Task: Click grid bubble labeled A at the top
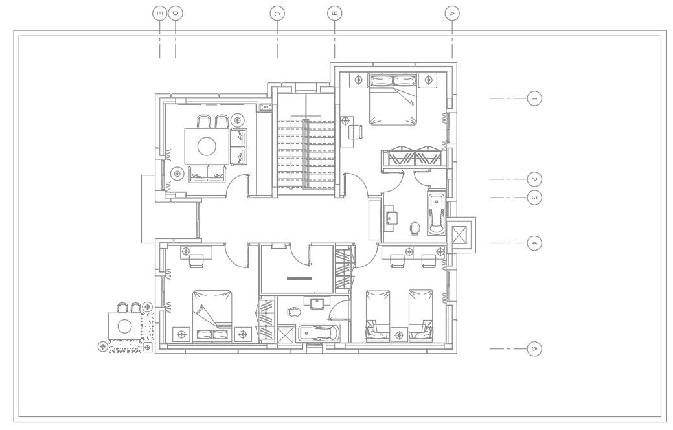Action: (452, 12)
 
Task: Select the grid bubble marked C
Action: (277, 12)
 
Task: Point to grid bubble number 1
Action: (534, 98)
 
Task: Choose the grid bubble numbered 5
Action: (534, 349)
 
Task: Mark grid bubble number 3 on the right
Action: (534, 198)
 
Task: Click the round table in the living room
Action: (207, 146)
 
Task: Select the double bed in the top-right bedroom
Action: (393, 99)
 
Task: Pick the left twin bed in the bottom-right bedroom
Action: (378, 315)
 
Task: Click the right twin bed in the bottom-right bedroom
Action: (420, 315)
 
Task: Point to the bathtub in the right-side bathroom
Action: (437, 213)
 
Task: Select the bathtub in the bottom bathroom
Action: (317, 334)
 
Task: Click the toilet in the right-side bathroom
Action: (415, 229)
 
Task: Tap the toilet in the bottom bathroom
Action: (294, 311)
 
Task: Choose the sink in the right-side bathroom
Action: (391, 216)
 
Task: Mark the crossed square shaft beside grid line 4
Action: (461, 234)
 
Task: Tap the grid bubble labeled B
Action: (334, 12)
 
